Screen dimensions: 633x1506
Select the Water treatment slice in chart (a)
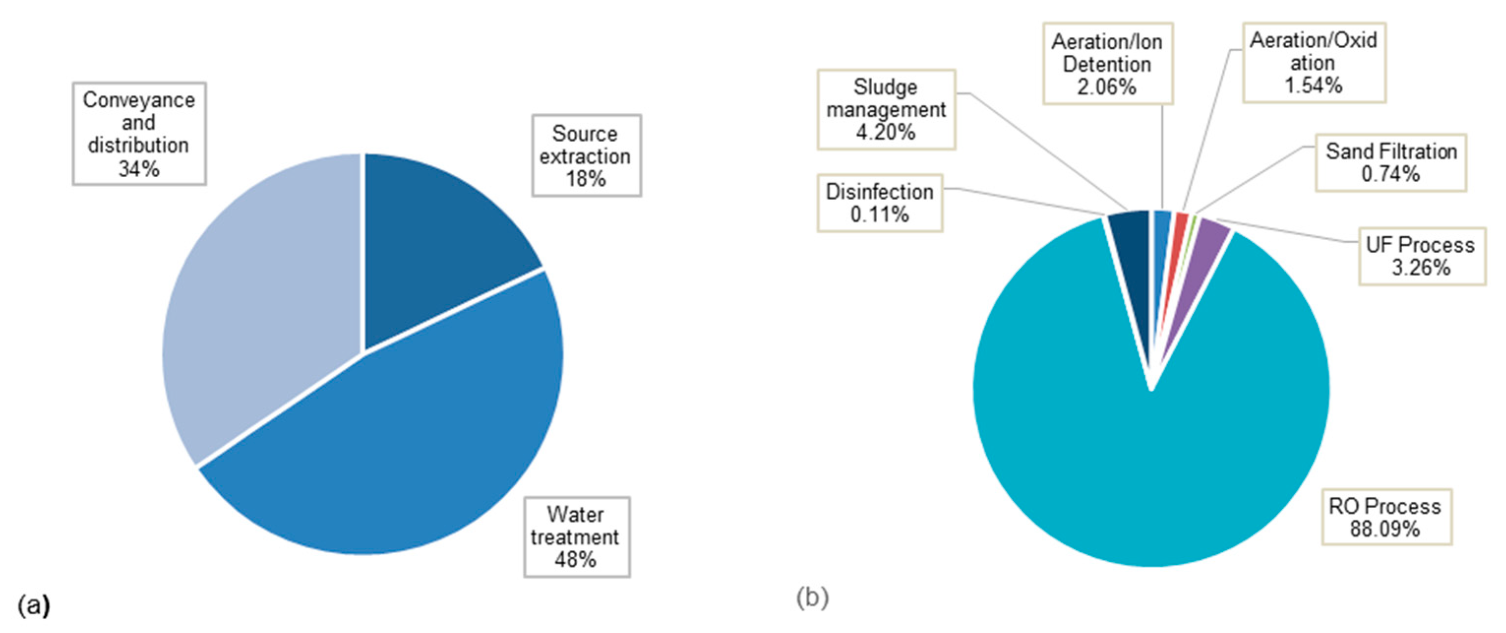[x=409, y=444]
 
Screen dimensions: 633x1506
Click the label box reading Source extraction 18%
[x=586, y=156]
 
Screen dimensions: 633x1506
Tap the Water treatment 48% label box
[x=576, y=537]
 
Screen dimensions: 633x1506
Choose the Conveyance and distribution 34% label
[x=139, y=134]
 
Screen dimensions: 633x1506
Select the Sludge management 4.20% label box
[x=886, y=109]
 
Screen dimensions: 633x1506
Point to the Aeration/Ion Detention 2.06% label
[x=1107, y=64]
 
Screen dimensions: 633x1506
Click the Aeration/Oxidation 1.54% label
[x=1313, y=63]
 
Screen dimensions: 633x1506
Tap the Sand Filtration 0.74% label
[x=1390, y=162]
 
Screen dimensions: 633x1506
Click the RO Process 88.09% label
[x=1386, y=517]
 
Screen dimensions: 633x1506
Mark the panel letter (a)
[x=33, y=605]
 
